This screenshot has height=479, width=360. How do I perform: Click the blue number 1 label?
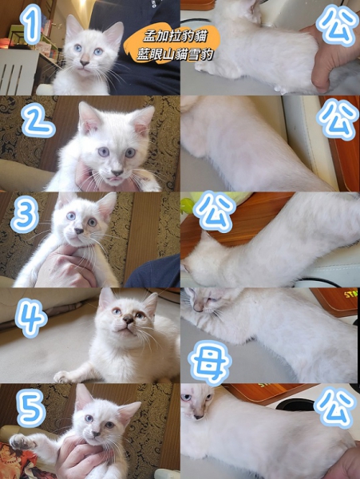[x=30, y=25]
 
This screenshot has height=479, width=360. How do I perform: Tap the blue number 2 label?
[x=38, y=120]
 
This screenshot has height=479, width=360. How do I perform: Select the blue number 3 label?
[x=25, y=214]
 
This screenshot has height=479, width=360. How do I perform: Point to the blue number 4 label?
[x=31, y=318]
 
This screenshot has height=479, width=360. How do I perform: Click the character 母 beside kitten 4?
[x=210, y=363]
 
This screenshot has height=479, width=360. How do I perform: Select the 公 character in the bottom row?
[x=335, y=407]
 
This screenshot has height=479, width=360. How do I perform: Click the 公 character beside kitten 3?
[x=215, y=212]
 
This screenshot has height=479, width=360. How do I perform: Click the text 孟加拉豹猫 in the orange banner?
[x=176, y=37]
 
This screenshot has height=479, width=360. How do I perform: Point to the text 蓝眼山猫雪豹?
[x=174, y=54]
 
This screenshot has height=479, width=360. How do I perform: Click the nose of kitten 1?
[x=85, y=63]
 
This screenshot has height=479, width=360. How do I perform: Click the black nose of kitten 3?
[x=79, y=231]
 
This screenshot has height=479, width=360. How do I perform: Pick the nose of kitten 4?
[x=129, y=319]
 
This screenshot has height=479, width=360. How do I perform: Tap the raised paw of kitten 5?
[x=21, y=441]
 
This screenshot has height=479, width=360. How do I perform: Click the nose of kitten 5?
[x=96, y=433]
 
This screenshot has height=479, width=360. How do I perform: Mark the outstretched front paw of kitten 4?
[x=62, y=377]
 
